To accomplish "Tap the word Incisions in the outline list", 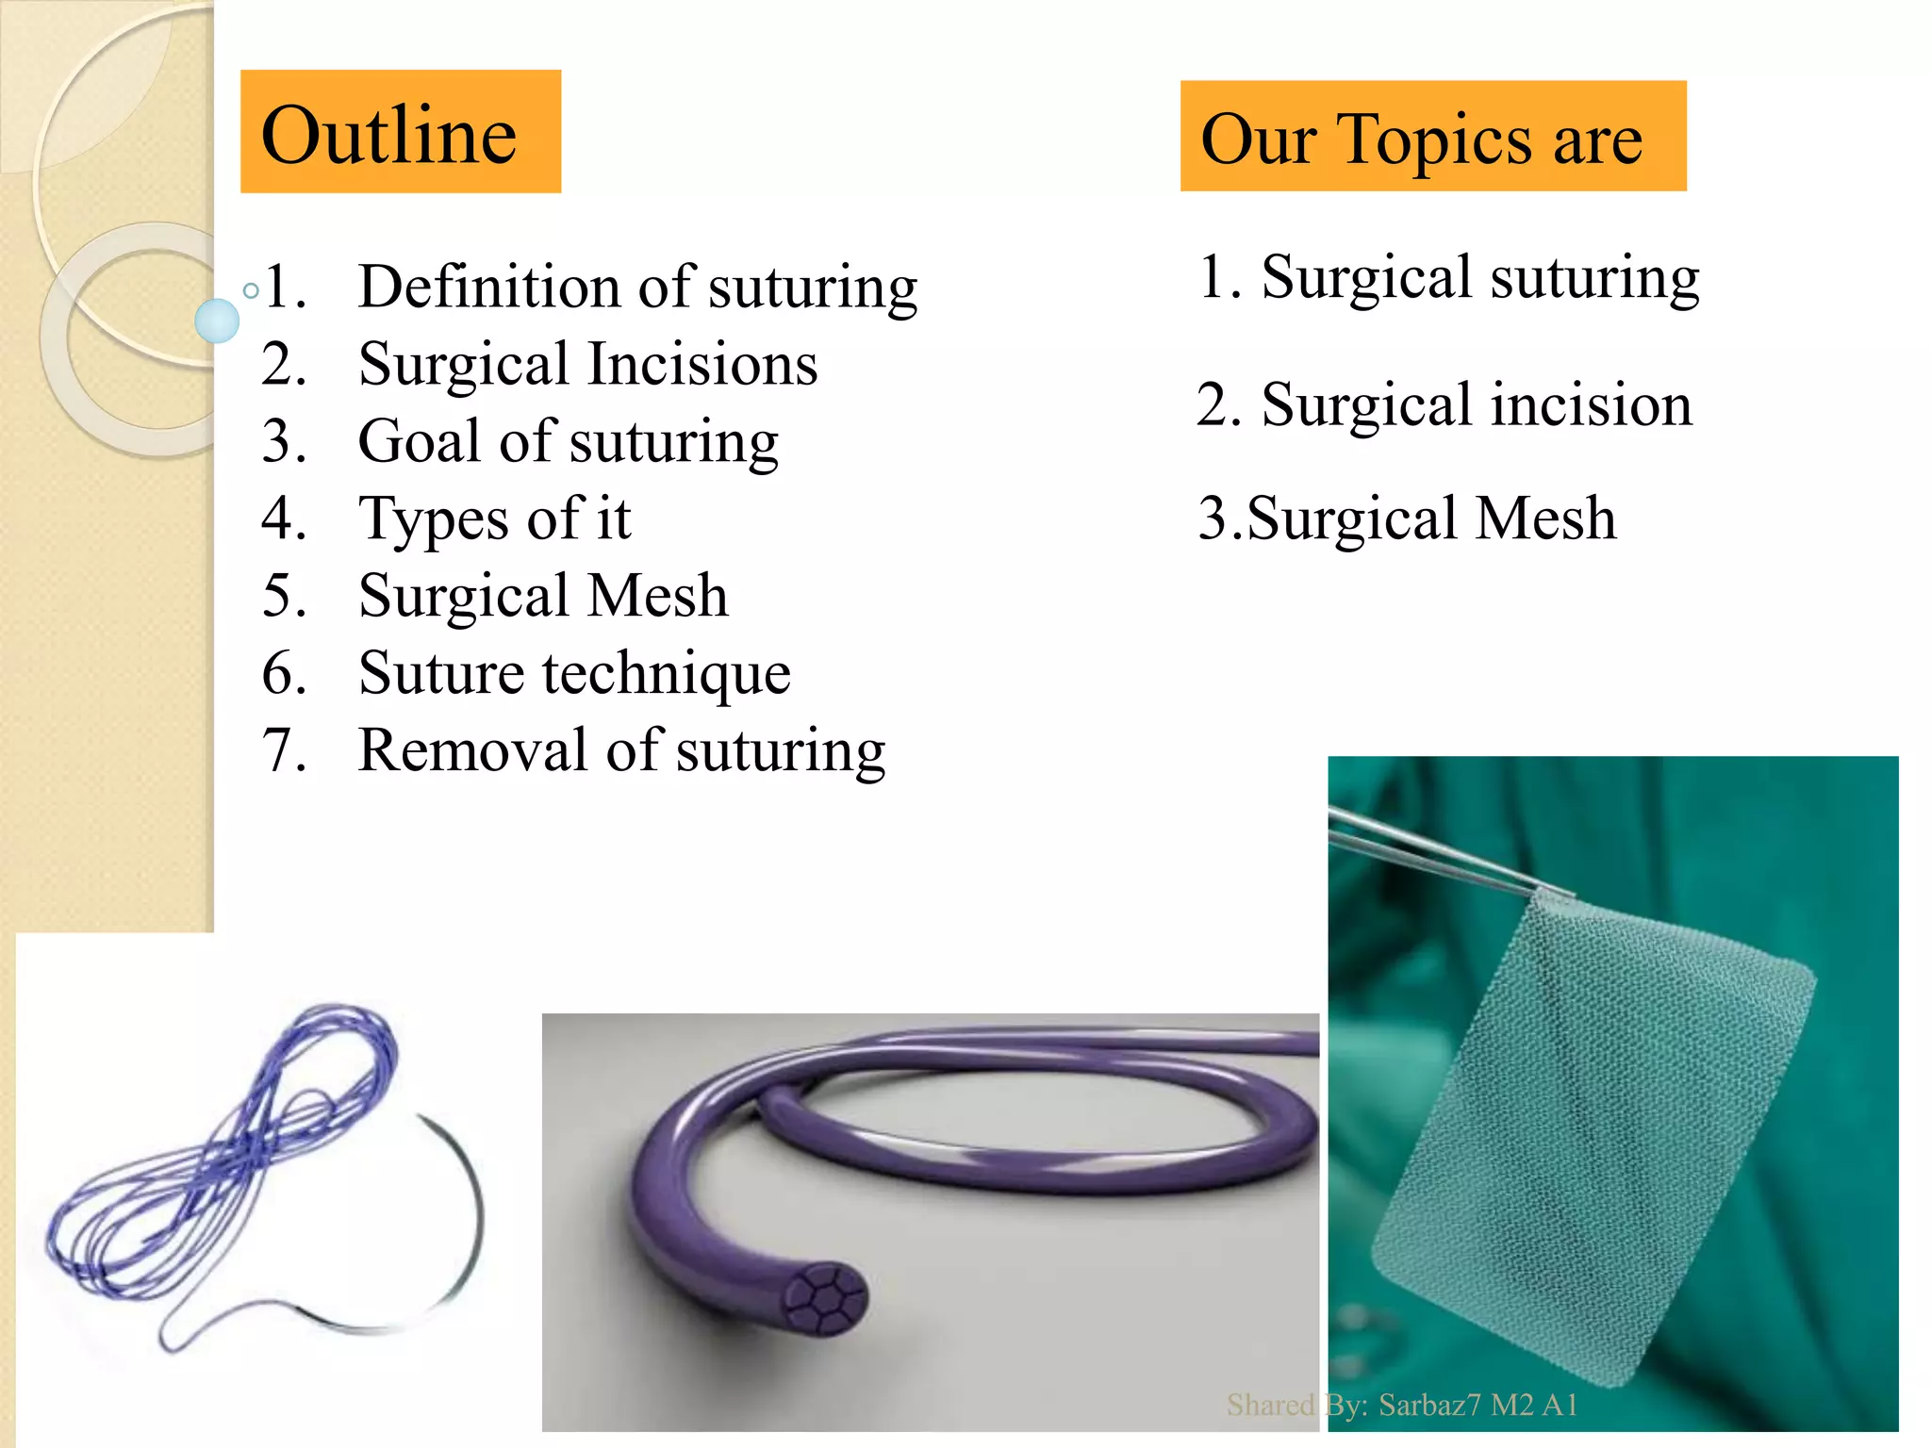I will (x=702, y=364).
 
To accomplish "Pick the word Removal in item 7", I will (x=472, y=750).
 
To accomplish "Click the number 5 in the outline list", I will (x=284, y=596).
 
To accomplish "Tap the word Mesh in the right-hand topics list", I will (x=1545, y=518).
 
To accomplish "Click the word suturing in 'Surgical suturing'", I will (x=1594, y=277).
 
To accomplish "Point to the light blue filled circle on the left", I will (x=217, y=321).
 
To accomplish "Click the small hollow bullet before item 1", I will (x=251, y=290).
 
